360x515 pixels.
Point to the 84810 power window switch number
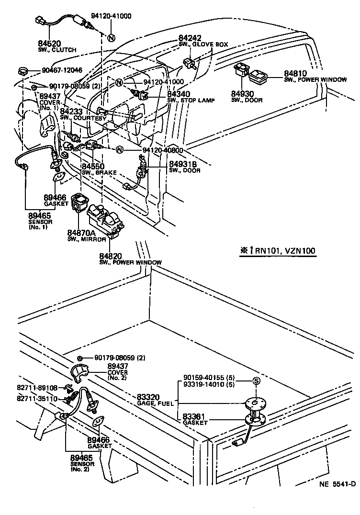coord(294,74)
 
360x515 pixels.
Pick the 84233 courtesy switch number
coord(70,112)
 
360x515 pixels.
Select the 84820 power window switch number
coord(111,256)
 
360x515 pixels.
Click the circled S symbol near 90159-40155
coord(256,381)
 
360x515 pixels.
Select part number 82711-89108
coord(37,388)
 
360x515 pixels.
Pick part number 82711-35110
coord(37,398)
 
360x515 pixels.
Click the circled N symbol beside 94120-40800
coord(120,150)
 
